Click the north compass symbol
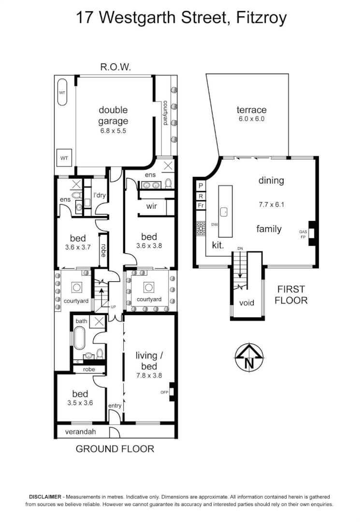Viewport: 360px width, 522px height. click(249, 358)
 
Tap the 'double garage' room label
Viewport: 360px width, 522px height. click(114, 116)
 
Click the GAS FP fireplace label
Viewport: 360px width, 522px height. click(303, 235)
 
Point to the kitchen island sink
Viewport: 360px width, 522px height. click(224, 212)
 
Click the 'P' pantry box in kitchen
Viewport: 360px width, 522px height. click(200, 185)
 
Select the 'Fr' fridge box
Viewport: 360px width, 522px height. click(200, 205)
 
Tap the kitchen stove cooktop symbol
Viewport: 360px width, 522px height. click(200, 228)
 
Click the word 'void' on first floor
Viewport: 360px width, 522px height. click(247, 304)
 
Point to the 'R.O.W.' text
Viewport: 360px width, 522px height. click(115, 68)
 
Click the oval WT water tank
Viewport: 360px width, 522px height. click(62, 93)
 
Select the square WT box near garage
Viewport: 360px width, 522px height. click(64, 158)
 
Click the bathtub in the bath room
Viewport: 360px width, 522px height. click(80, 338)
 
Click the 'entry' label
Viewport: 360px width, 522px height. click(115, 406)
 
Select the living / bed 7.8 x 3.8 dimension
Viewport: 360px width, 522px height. click(147, 375)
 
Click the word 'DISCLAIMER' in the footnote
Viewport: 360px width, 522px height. click(45, 496)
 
